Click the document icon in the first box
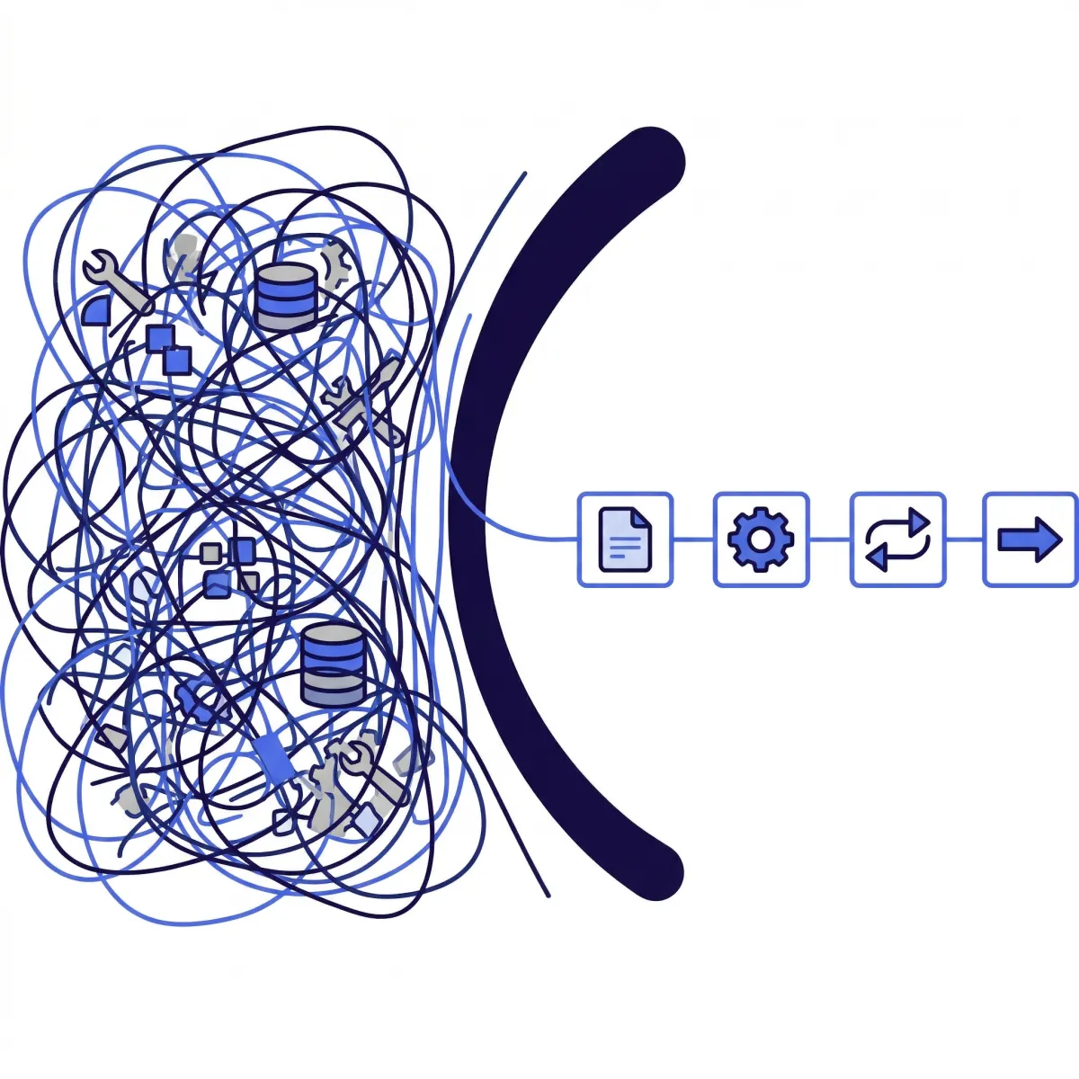(624, 539)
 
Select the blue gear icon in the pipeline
(761, 539)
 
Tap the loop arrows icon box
(897, 539)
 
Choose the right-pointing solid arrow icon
(1030, 539)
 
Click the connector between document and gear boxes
(692, 539)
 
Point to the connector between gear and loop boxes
(829, 539)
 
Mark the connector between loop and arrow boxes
(964, 539)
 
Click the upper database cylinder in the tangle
(287, 297)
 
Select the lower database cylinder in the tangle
(333, 665)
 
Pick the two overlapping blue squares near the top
(169, 349)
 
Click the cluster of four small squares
(228, 566)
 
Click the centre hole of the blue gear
(761, 539)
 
